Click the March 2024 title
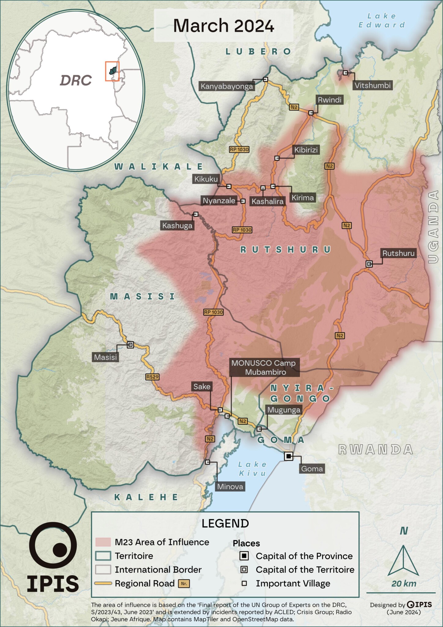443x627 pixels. [223, 26]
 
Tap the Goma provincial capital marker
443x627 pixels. [289, 456]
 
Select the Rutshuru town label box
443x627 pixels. [398, 253]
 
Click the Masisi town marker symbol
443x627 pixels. [130, 345]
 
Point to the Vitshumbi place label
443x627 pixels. [372, 85]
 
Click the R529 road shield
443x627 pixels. [152, 377]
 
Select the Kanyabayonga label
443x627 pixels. [227, 86]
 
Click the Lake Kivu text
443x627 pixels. [252, 469]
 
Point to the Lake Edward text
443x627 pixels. [382, 20]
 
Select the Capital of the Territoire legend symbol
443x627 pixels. [244, 569]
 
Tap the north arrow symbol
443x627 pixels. [403, 560]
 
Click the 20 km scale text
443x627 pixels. [404, 584]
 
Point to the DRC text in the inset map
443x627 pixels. [76, 81]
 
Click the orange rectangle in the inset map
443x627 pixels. [112, 71]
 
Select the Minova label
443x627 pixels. [230, 486]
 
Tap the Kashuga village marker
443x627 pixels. [196, 214]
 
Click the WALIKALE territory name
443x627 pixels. [158, 167]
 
